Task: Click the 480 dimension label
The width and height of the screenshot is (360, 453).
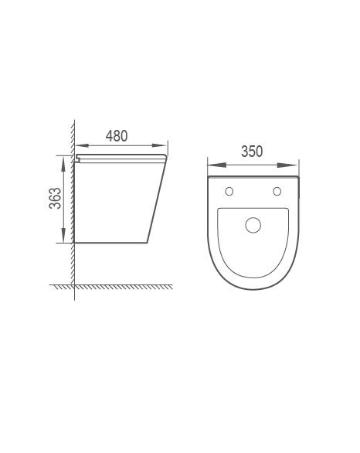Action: click(117, 136)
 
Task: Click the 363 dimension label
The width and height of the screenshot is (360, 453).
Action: click(55, 198)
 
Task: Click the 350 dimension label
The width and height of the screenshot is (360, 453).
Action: click(252, 152)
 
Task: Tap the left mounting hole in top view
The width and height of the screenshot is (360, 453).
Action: click(229, 191)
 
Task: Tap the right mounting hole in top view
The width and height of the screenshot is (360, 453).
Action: click(277, 191)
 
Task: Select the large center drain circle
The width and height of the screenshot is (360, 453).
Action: click(253, 225)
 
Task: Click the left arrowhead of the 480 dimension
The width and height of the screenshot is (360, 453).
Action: click(82, 145)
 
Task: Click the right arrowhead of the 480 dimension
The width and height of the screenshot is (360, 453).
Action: click(160, 145)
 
